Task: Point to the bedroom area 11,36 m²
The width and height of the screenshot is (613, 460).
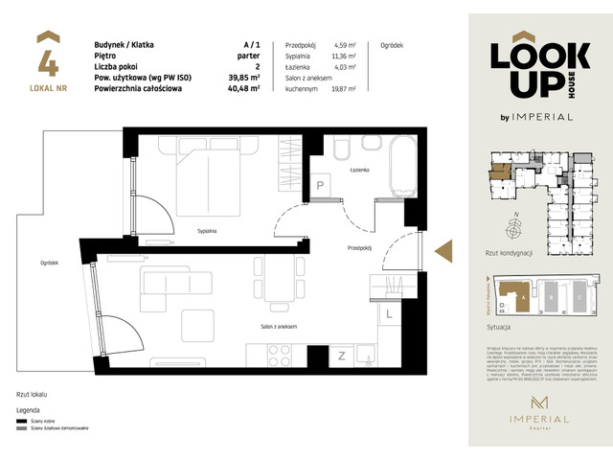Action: [x=345, y=57]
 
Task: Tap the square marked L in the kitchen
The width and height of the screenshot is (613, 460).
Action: [x=389, y=313]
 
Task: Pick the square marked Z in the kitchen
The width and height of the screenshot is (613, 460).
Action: [x=342, y=357]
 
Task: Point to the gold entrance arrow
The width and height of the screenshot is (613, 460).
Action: [x=443, y=251]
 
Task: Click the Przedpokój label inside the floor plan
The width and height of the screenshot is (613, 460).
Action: [x=358, y=247]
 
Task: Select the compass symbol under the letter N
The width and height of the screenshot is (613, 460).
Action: [x=515, y=230]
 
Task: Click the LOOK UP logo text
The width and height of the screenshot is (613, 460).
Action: [x=531, y=68]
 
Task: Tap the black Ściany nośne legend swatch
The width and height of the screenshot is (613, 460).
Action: [x=20, y=420]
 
